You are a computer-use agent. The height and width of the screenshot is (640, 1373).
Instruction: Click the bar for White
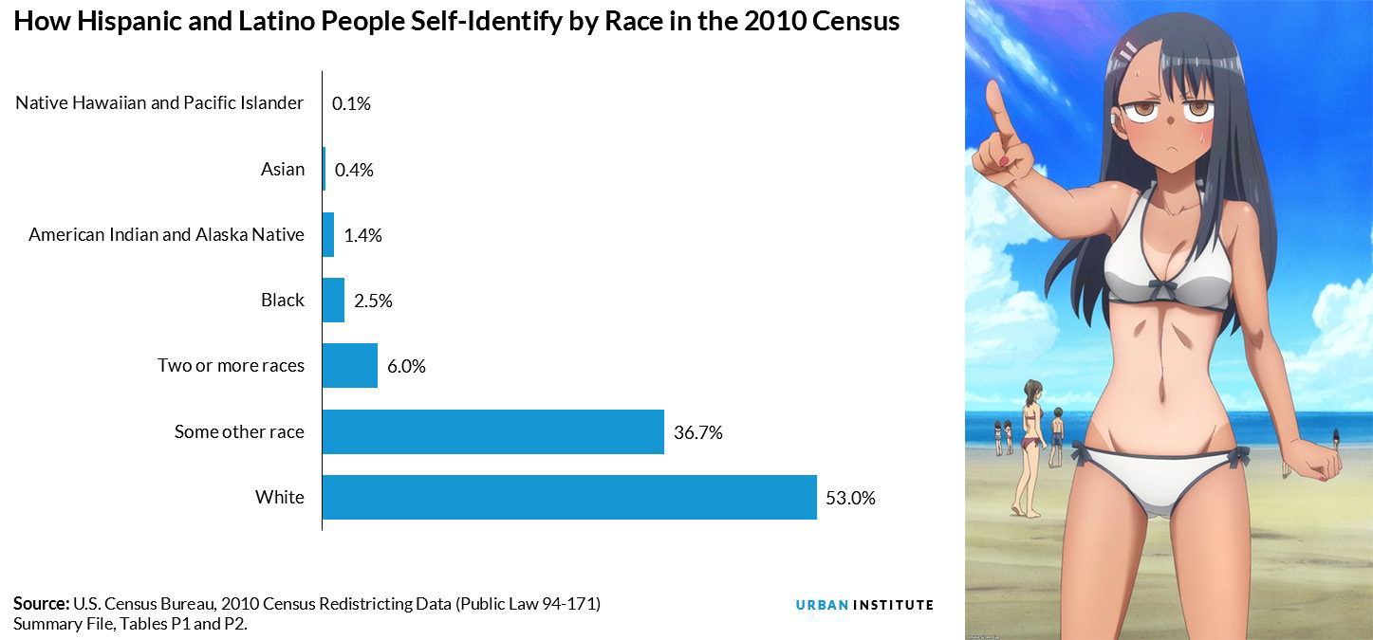coord(569,497)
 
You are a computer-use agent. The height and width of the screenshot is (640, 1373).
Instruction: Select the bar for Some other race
coord(492,431)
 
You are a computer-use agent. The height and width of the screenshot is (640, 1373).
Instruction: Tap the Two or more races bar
coord(349,366)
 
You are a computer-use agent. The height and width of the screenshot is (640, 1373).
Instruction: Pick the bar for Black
coord(333,301)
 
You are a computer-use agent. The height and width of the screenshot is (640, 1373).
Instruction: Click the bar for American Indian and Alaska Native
coord(328,235)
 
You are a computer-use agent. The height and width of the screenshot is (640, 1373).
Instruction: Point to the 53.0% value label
coord(850,498)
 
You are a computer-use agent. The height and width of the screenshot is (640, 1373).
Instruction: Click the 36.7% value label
coord(697,432)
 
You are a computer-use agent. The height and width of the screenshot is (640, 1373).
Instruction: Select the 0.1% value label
coord(351,104)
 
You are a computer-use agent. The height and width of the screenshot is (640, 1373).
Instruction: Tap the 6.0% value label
coord(406,367)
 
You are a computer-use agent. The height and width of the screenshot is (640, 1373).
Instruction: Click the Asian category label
coord(283,170)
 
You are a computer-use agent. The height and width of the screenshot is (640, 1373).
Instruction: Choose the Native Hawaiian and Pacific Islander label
coord(159,103)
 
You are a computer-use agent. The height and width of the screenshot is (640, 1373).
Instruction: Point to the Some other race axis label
coord(239,432)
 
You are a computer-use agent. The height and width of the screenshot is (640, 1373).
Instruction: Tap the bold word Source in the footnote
coord(41,604)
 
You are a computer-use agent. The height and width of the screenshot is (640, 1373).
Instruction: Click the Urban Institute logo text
coord(864,605)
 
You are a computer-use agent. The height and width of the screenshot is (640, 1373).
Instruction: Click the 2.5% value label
coord(373,302)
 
